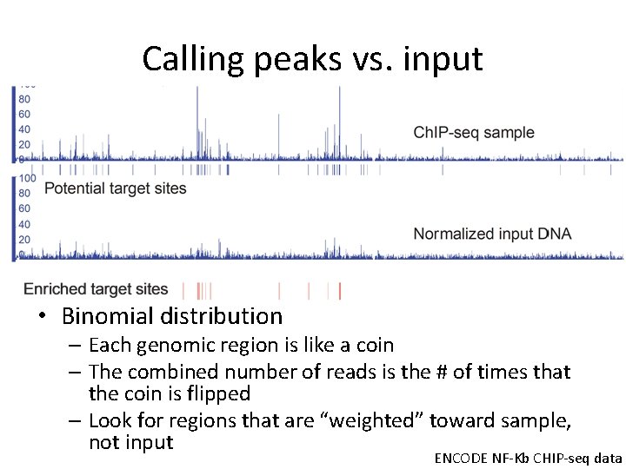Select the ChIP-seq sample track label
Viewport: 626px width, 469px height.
[x=474, y=133]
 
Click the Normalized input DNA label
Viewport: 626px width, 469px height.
[x=492, y=234]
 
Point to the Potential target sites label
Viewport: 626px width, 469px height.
[x=115, y=188]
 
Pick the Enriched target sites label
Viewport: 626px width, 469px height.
[x=96, y=289]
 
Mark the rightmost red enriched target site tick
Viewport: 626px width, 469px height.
[x=339, y=290]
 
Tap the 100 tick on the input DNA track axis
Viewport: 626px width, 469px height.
[x=27, y=178]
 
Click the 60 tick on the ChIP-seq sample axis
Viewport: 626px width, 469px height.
[x=24, y=114]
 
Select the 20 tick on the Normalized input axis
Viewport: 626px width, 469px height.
[x=24, y=240]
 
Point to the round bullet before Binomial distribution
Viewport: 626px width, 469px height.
[x=41, y=317]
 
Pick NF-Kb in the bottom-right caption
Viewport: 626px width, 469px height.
[x=514, y=457]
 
